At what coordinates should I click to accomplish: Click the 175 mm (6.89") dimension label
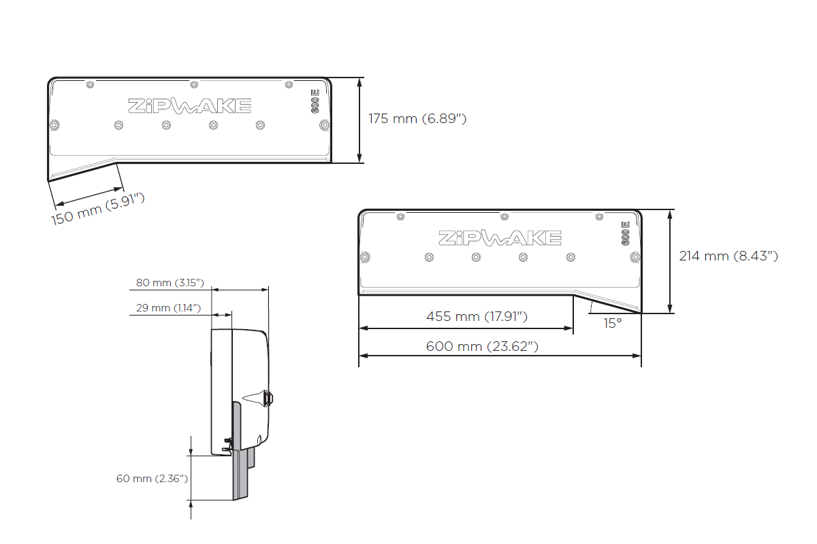point(417,119)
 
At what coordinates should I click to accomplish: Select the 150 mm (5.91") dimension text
point(99,210)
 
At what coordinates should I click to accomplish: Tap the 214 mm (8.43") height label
point(728,256)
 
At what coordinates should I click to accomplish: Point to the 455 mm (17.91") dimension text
point(477,316)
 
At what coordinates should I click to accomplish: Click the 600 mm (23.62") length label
point(482,346)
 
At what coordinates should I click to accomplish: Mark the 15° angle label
point(612,324)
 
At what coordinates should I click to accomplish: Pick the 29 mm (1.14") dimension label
point(167,308)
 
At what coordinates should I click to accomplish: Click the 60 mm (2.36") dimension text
point(151,479)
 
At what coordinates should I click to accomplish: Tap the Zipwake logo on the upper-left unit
point(189,106)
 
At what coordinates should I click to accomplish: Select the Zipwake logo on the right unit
point(500,238)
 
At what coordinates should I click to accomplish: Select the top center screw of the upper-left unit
point(194,84)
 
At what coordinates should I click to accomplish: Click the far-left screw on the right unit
point(366,257)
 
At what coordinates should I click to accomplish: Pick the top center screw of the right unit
point(504,216)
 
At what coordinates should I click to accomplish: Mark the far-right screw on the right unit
point(635,257)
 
